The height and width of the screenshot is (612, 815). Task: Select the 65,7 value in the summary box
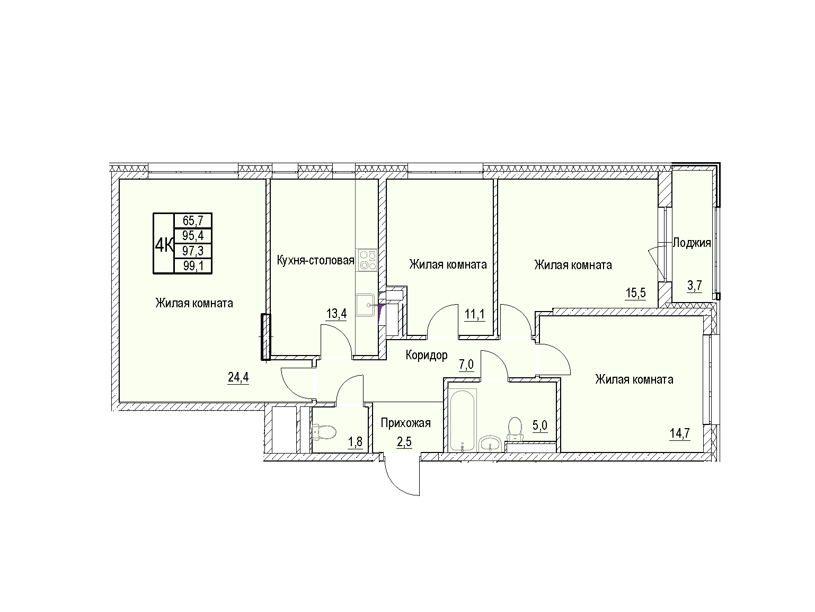pos(193,221)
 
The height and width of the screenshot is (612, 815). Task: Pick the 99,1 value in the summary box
pos(193,266)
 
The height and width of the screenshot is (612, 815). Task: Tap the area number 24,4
pos(238,377)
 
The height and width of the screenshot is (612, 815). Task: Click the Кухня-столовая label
pos(316,260)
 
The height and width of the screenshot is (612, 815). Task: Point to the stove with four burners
pos(367,260)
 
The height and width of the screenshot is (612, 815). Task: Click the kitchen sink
pos(365,305)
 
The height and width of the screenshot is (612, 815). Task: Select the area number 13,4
pos(336,314)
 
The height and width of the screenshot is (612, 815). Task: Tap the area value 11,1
pos(475,315)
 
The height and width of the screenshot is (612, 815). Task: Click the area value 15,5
pos(636,293)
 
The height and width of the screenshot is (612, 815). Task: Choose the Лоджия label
pos(692,243)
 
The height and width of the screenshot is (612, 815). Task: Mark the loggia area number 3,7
pos(694,286)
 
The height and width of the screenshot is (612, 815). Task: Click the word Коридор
pos(427,355)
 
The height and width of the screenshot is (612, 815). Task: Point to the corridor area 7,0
pos(466,365)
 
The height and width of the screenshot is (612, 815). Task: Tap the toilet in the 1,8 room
pos(324,432)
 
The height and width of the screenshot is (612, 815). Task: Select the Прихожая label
pos(406,423)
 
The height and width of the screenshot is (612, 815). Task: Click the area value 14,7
pos(680,433)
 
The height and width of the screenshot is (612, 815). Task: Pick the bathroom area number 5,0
pos(540,425)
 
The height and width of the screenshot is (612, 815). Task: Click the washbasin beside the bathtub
pos(491,444)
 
